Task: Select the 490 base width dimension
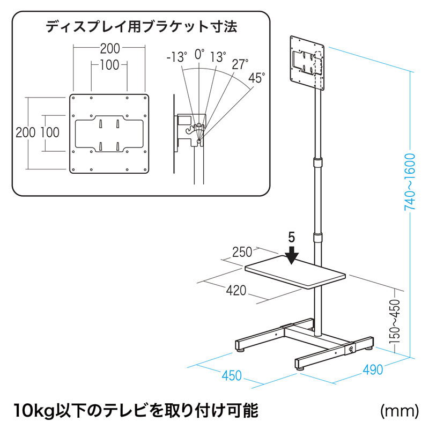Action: pos(373,369)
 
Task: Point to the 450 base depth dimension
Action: pos(232,375)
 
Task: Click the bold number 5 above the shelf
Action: pos(291,236)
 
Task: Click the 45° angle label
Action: pos(256,78)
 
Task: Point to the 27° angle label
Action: pos(240,64)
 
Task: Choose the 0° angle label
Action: pos(199,54)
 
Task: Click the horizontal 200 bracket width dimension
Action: pos(109,48)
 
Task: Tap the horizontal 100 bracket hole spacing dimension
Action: pos(109,65)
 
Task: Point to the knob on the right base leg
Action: pos(352,350)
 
